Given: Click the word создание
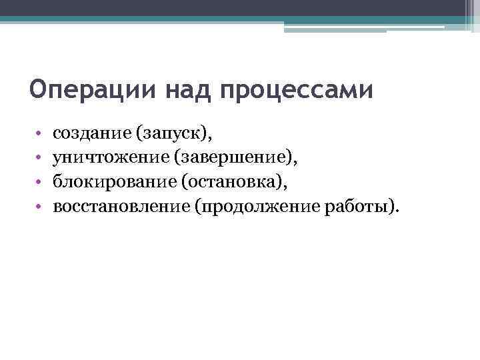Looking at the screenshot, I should (92, 135).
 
